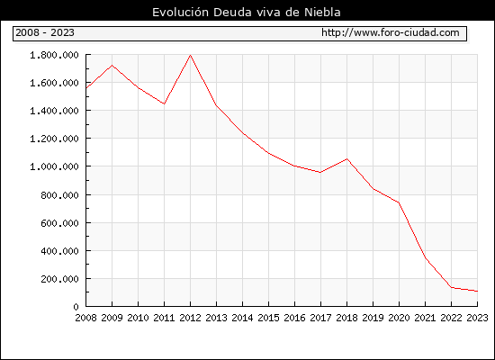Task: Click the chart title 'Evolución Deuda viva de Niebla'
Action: point(247,12)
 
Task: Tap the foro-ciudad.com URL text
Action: point(391,32)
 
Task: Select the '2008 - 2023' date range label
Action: point(45,32)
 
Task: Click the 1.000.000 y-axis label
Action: point(54,166)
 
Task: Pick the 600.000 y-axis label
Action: point(59,223)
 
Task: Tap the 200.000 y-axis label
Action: point(59,279)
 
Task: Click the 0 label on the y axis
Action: point(76,307)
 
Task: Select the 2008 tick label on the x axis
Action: point(85,318)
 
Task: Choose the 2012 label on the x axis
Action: point(191,318)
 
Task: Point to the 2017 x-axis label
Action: point(320,318)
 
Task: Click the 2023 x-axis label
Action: point(477,318)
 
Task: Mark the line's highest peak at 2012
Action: point(191,55)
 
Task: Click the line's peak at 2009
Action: point(112,66)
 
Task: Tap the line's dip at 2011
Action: point(164,103)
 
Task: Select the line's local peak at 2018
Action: point(346,158)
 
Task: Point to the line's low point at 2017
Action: point(320,173)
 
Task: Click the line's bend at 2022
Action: point(452,287)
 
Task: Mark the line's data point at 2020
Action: point(399,202)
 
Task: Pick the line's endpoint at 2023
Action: point(477,292)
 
